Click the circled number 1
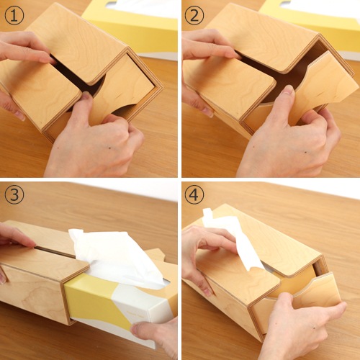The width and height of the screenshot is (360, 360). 14,16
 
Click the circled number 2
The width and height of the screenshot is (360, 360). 194,16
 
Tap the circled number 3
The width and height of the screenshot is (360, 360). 14,195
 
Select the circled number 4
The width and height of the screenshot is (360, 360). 194,195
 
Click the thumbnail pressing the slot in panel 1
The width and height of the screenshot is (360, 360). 86,96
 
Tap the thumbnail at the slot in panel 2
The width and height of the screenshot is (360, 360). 289,90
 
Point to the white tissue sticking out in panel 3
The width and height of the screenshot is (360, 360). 115,257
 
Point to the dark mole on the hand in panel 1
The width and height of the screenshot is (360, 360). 110,148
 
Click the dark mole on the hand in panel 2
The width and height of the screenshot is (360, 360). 305,152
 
